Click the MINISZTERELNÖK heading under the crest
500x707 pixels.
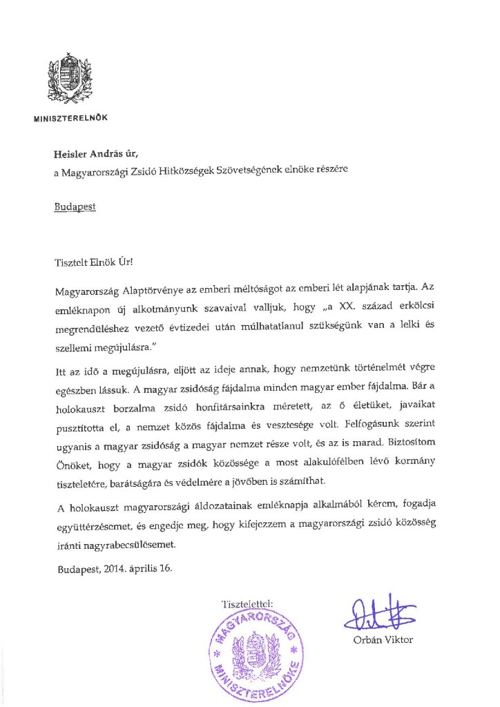click(70, 117)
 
